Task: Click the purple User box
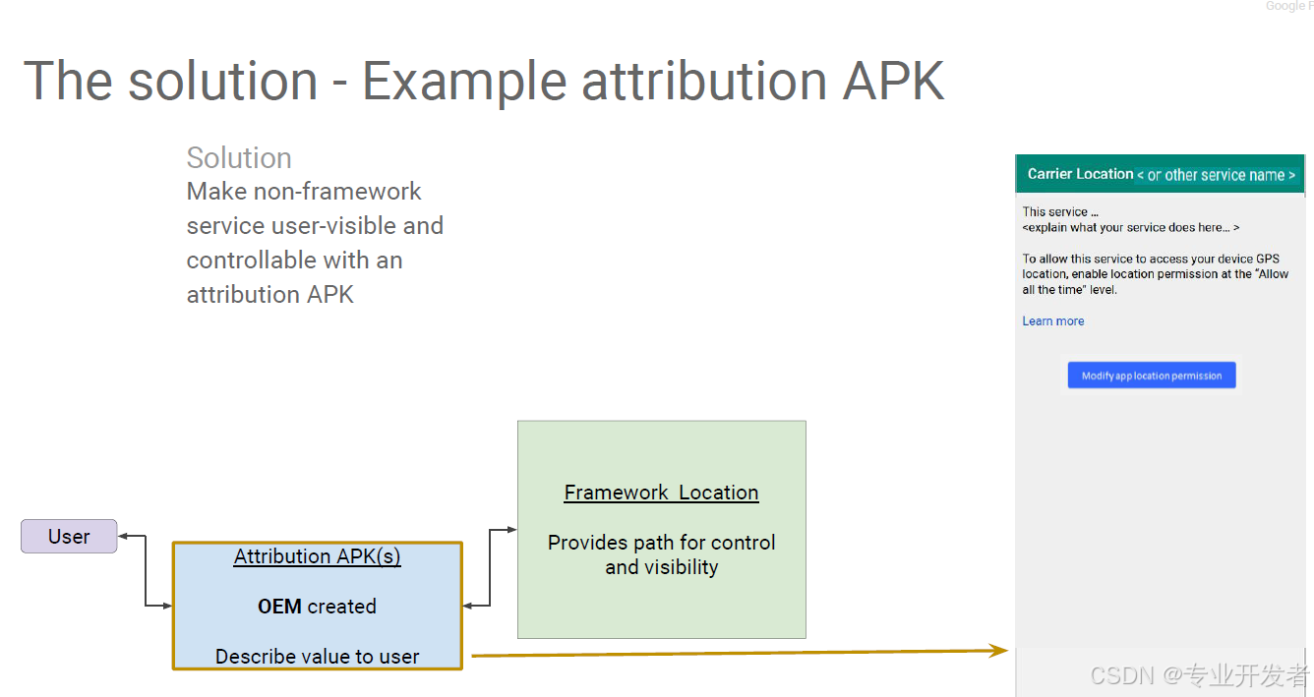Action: click(x=69, y=537)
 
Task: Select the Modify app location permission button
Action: click(x=1152, y=376)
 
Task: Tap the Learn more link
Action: click(x=1052, y=321)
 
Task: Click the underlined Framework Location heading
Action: click(x=661, y=493)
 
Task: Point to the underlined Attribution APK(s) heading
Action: click(x=317, y=556)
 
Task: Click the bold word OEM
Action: click(x=279, y=607)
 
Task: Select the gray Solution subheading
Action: click(x=239, y=158)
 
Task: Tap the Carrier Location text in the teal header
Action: click(x=1080, y=174)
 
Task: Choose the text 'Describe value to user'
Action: click(x=317, y=657)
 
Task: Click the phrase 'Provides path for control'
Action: click(x=661, y=543)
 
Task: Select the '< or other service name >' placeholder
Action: click(x=1216, y=175)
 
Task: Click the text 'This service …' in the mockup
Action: click(x=1059, y=211)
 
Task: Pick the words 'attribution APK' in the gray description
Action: click(x=269, y=294)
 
